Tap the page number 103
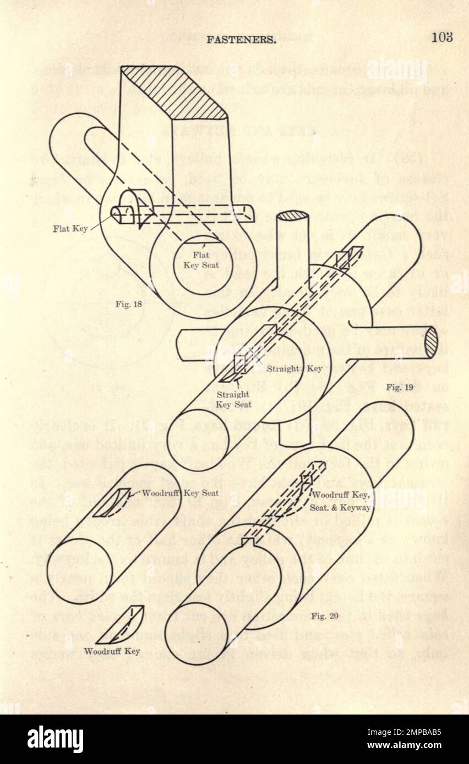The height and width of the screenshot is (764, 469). click(x=442, y=38)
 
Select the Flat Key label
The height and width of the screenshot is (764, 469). click(x=70, y=228)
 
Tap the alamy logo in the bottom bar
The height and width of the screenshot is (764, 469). click(x=55, y=739)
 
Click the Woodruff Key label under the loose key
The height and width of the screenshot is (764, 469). click(x=112, y=651)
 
